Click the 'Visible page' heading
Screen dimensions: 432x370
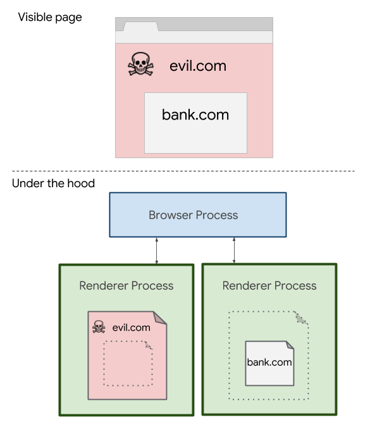click(50, 17)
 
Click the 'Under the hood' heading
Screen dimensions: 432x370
click(53, 183)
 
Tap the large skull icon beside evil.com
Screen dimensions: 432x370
click(140, 65)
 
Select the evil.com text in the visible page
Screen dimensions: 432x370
click(197, 66)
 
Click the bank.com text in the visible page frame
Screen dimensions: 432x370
click(195, 115)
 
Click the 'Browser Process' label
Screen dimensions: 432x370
click(193, 215)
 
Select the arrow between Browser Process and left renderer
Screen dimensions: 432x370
click(156, 250)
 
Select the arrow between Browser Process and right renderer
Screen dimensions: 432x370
click(235, 250)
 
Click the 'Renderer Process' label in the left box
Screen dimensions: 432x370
click(126, 285)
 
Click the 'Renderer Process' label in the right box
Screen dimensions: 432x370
click(269, 285)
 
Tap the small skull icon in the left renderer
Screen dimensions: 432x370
click(99, 327)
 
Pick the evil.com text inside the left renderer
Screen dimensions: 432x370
click(131, 327)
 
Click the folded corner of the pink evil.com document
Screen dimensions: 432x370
click(160, 318)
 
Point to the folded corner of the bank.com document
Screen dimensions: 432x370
click(289, 346)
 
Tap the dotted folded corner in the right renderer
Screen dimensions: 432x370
click(301, 318)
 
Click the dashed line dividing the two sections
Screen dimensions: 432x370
click(183, 171)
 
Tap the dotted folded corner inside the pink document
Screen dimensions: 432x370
click(148, 345)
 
